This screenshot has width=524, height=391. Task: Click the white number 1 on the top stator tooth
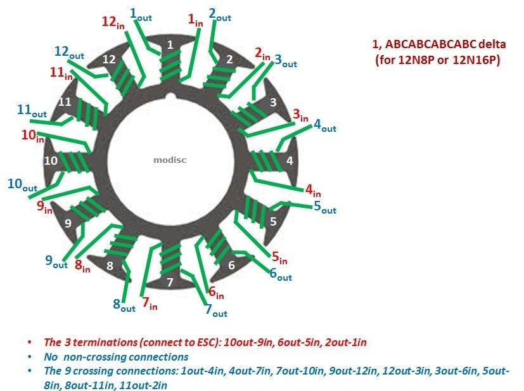170,44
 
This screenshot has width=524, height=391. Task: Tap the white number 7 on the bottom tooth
170,283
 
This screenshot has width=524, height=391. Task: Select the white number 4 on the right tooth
290,161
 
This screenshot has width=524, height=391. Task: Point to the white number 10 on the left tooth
51,161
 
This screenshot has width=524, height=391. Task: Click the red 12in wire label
113,22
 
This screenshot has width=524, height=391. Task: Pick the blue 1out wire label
141,15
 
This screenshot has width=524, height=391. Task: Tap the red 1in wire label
196,20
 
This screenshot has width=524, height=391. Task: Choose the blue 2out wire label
220,15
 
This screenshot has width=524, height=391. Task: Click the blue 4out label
324,125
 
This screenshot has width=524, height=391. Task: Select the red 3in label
300,115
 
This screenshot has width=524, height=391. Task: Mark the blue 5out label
325,207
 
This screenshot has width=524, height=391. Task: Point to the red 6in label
216,293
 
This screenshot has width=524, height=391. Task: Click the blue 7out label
216,310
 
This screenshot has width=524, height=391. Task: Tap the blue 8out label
124,305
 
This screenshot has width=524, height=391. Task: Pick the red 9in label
44,207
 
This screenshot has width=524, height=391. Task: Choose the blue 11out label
32,111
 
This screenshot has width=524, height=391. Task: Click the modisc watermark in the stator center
170,160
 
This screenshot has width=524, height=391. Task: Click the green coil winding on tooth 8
120,246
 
